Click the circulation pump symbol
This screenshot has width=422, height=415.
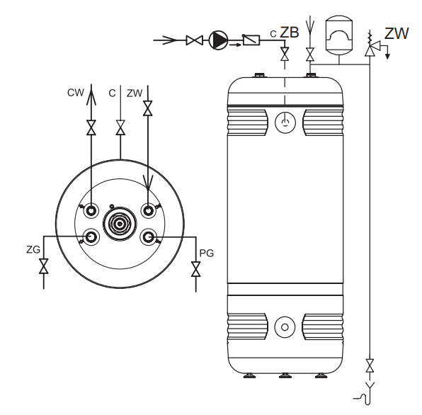[218, 40]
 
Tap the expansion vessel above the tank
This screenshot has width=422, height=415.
[339, 35]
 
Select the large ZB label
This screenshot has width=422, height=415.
[290, 33]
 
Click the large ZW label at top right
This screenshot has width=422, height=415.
[397, 33]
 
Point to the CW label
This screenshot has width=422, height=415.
[76, 93]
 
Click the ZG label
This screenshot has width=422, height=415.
[33, 249]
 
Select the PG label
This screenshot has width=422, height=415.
[207, 253]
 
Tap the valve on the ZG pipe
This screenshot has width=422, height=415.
[44, 266]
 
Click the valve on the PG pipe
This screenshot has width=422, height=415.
[196, 269]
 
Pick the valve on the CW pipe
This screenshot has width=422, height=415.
[91, 127]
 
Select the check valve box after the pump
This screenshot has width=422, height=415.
[251, 40]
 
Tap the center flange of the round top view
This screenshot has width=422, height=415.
[120, 223]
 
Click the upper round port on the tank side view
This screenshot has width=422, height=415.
[285, 123]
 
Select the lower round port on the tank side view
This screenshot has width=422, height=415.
[285, 327]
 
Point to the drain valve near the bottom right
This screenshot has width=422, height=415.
[370, 365]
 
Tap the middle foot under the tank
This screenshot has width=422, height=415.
[285, 375]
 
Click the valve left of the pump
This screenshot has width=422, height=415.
[194, 40]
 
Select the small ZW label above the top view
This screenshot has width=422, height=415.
[135, 93]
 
